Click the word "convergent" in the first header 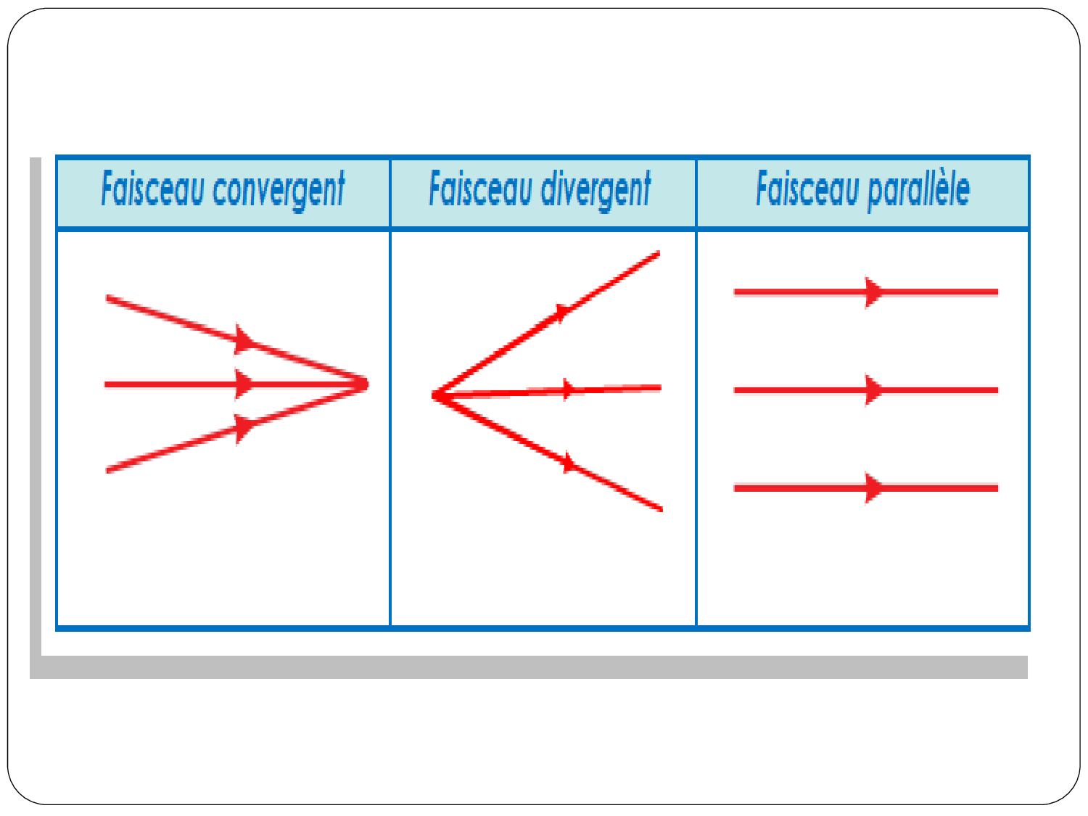[279, 191]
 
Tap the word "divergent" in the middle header [595, 191]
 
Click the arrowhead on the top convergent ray [244, 339]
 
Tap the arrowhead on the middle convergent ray [244, 384]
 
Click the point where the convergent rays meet [366, 384]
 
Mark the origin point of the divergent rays [435, 395]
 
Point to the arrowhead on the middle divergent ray [568, 390]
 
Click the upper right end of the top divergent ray [659, 254]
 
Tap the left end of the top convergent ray [108, 298]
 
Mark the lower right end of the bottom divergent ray [661, 508]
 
